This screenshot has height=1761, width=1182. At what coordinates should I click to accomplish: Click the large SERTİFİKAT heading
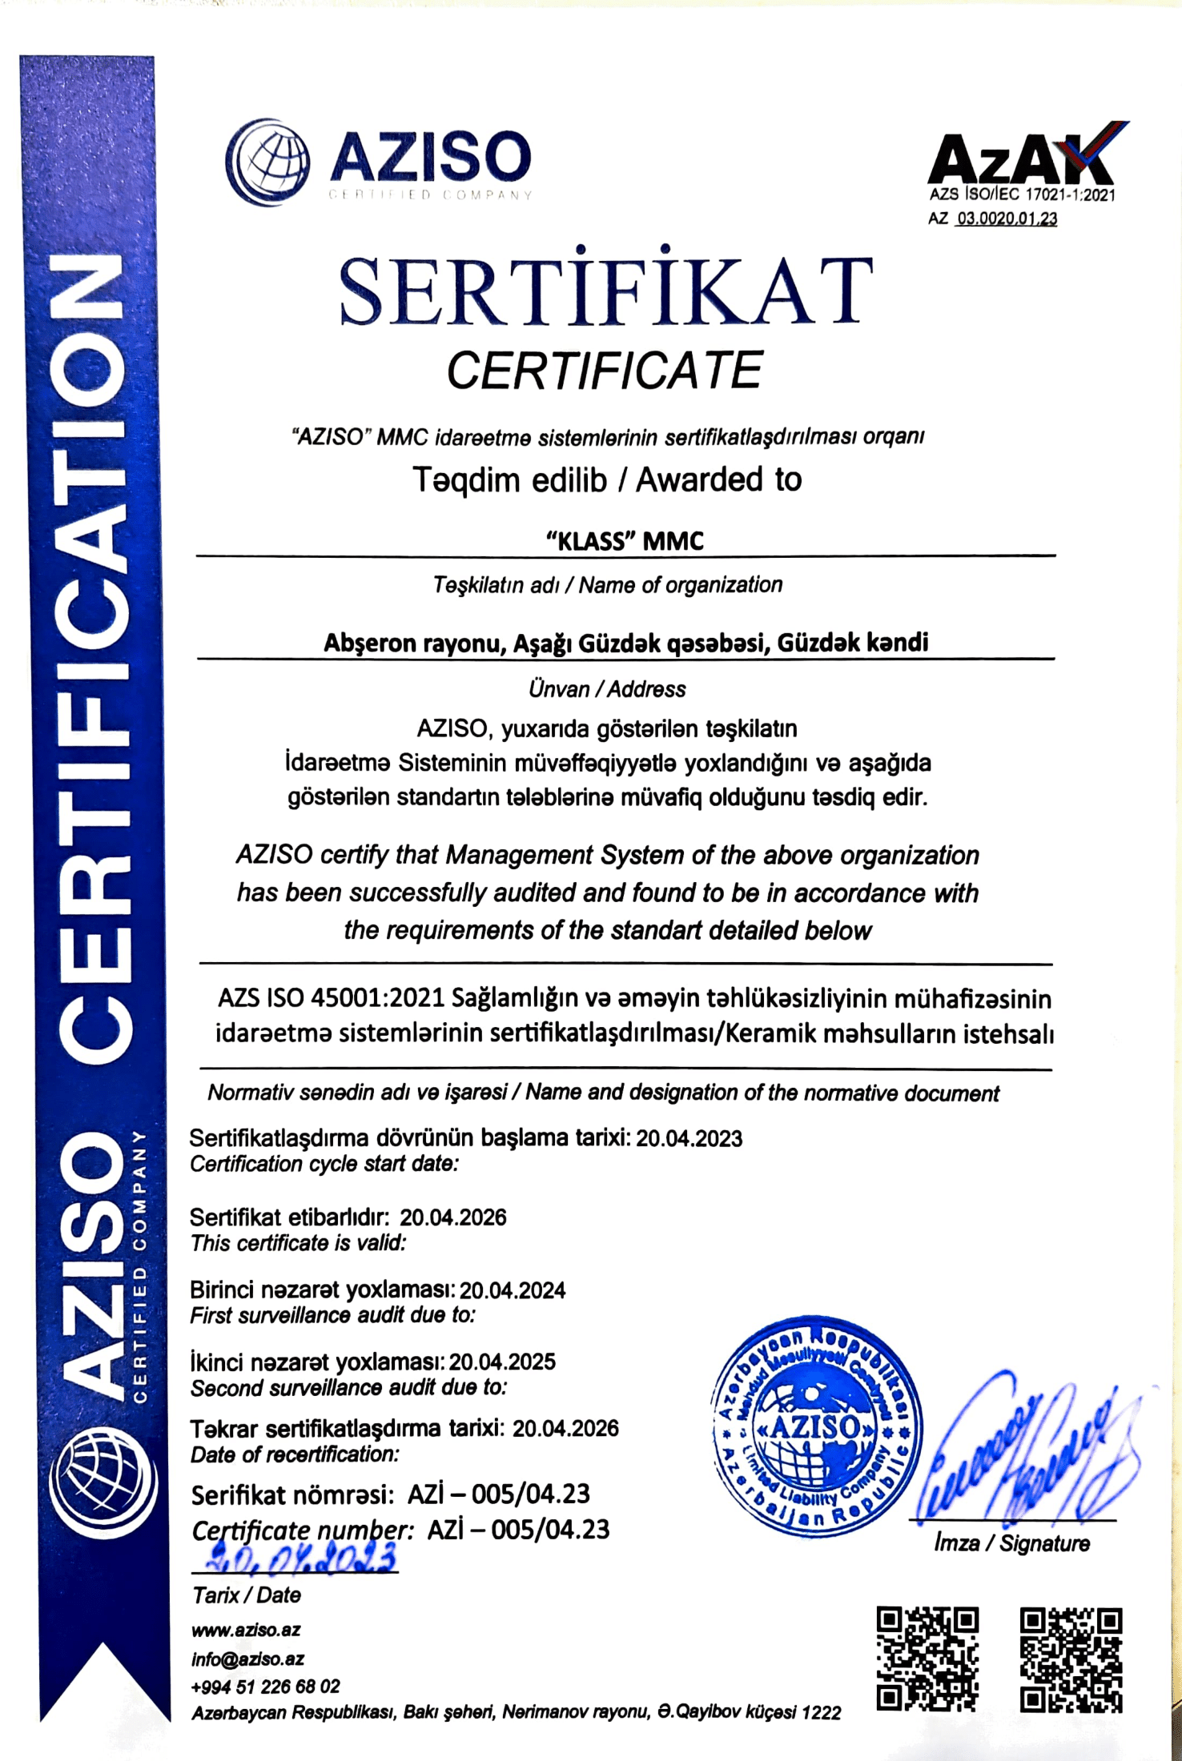tap(606, 291)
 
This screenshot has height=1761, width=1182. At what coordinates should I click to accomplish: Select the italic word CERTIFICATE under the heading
tap(605, 371)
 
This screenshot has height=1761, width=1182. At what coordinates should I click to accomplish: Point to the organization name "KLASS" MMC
tap(625, 541)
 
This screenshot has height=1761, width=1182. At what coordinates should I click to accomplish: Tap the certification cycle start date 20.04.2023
tap(689, 1138)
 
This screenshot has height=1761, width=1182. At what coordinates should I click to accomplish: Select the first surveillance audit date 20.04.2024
tap(513, 1290)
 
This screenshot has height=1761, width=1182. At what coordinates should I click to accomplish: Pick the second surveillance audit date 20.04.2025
tap(502, 1362)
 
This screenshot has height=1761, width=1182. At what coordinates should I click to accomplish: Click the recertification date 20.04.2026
tap(565, 1428)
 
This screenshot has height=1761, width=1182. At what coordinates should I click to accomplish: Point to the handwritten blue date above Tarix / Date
tap(301, 1557)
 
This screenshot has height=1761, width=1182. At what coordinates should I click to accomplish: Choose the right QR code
tap(1071, 1659)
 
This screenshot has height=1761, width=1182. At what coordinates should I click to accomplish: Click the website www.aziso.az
tap(246, 1630)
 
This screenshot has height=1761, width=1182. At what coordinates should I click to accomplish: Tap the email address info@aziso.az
tap(247, 1659)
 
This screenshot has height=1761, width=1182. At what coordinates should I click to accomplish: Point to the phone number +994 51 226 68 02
tap(265, 1687)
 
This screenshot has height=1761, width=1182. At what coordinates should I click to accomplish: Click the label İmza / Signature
tap(1011, 1543)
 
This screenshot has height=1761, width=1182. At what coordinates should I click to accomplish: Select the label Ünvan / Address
tap(607, 689)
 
